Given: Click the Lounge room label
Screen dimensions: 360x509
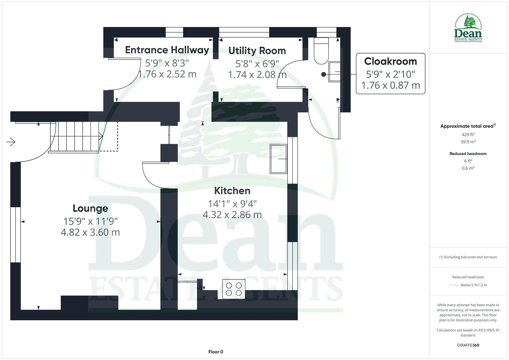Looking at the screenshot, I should [x=90, y=208].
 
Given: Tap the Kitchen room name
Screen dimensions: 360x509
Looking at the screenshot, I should [x=232, y=191].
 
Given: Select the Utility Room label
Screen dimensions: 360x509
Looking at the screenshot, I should [x=257, y=51].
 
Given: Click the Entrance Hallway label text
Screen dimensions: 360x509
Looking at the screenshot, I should [x=167, y=50].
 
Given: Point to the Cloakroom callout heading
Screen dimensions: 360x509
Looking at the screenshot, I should [x=390, y=61].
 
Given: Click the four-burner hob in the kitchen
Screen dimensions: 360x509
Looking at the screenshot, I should [x=234, y=289].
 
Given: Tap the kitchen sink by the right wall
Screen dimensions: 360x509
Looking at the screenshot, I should [x=279, y=159].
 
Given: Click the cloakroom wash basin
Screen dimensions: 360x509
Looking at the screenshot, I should [x=335, y=72].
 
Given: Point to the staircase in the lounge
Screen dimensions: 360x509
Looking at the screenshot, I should [x=75, y=137].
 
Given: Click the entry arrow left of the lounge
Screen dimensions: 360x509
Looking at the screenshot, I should [x=11, y=142].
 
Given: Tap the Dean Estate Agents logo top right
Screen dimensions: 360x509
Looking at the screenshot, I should [x=468, y=28].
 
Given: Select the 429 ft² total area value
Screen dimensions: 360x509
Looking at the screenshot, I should [x=468, y=135].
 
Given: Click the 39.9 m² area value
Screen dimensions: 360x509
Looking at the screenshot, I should [x=468, y=142].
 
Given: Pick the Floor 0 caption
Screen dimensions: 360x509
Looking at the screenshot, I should [x=216, y=352].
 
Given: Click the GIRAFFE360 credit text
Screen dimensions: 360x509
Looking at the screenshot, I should [x=468, y=345].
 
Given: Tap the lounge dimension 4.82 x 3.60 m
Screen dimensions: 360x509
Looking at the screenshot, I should [x=90, y=232].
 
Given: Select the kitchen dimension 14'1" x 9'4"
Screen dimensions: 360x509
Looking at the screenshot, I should [x=232, y=203].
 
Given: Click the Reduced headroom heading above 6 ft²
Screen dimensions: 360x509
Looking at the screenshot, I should [x=468, y=154].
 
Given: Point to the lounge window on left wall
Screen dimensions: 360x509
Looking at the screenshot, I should [x=15, y=235].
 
